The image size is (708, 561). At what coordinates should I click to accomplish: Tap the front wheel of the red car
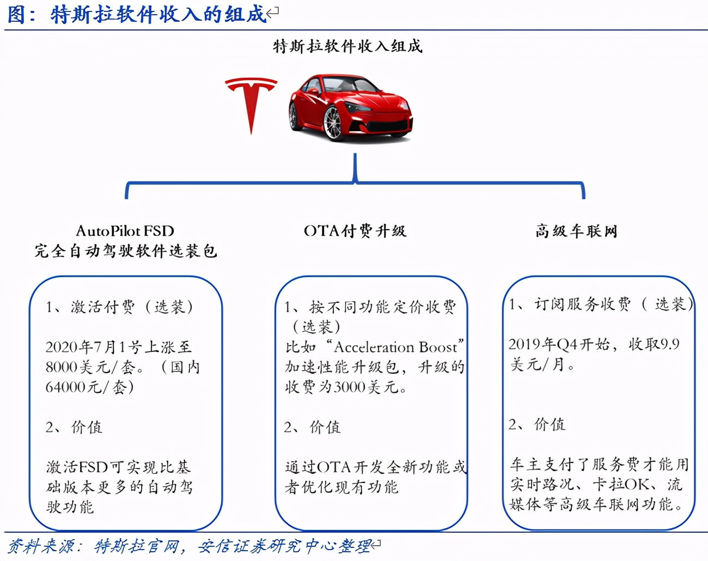333,124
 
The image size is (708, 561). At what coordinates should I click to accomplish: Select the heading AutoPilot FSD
125,231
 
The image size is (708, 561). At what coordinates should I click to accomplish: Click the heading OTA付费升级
355,231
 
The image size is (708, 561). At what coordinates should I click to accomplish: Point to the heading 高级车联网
576,231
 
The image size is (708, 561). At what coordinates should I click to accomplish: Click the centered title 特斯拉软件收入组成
348,46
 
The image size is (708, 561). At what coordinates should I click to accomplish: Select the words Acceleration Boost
395,347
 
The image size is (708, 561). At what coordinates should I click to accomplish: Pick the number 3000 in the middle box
350,387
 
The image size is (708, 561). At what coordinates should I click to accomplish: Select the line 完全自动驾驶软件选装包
126,251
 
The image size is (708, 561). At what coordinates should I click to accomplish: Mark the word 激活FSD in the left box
77,467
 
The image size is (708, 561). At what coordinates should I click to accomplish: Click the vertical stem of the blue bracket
355,167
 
